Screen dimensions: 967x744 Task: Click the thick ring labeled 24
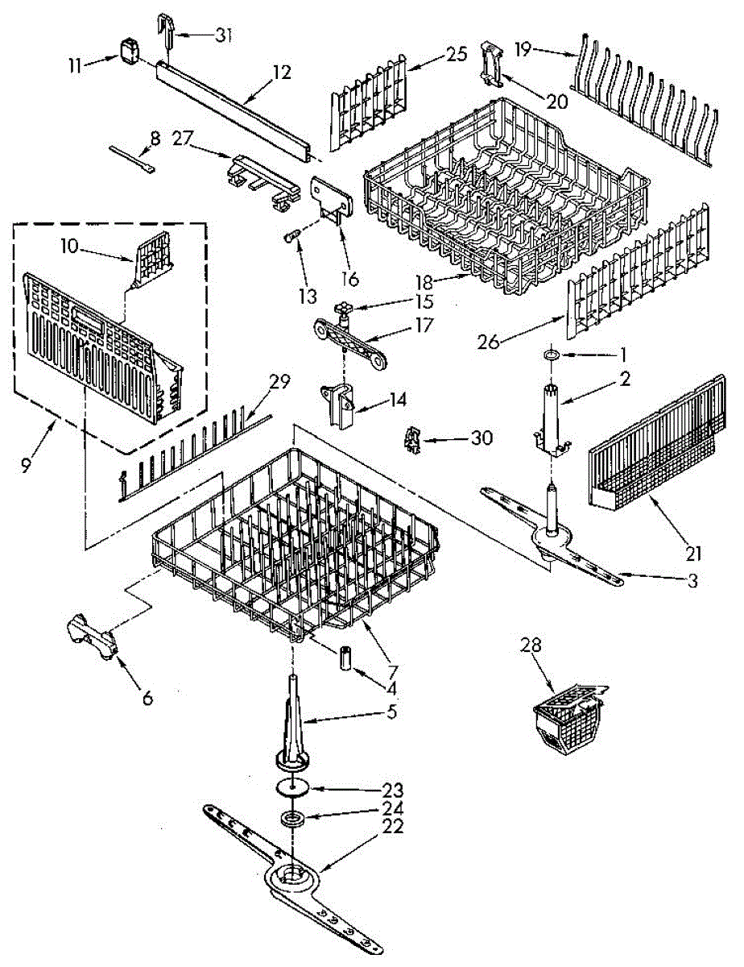tap(293, 820)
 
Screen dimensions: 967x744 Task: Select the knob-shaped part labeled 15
tap(344, 309)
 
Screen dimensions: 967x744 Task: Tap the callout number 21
tap(694, 554)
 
